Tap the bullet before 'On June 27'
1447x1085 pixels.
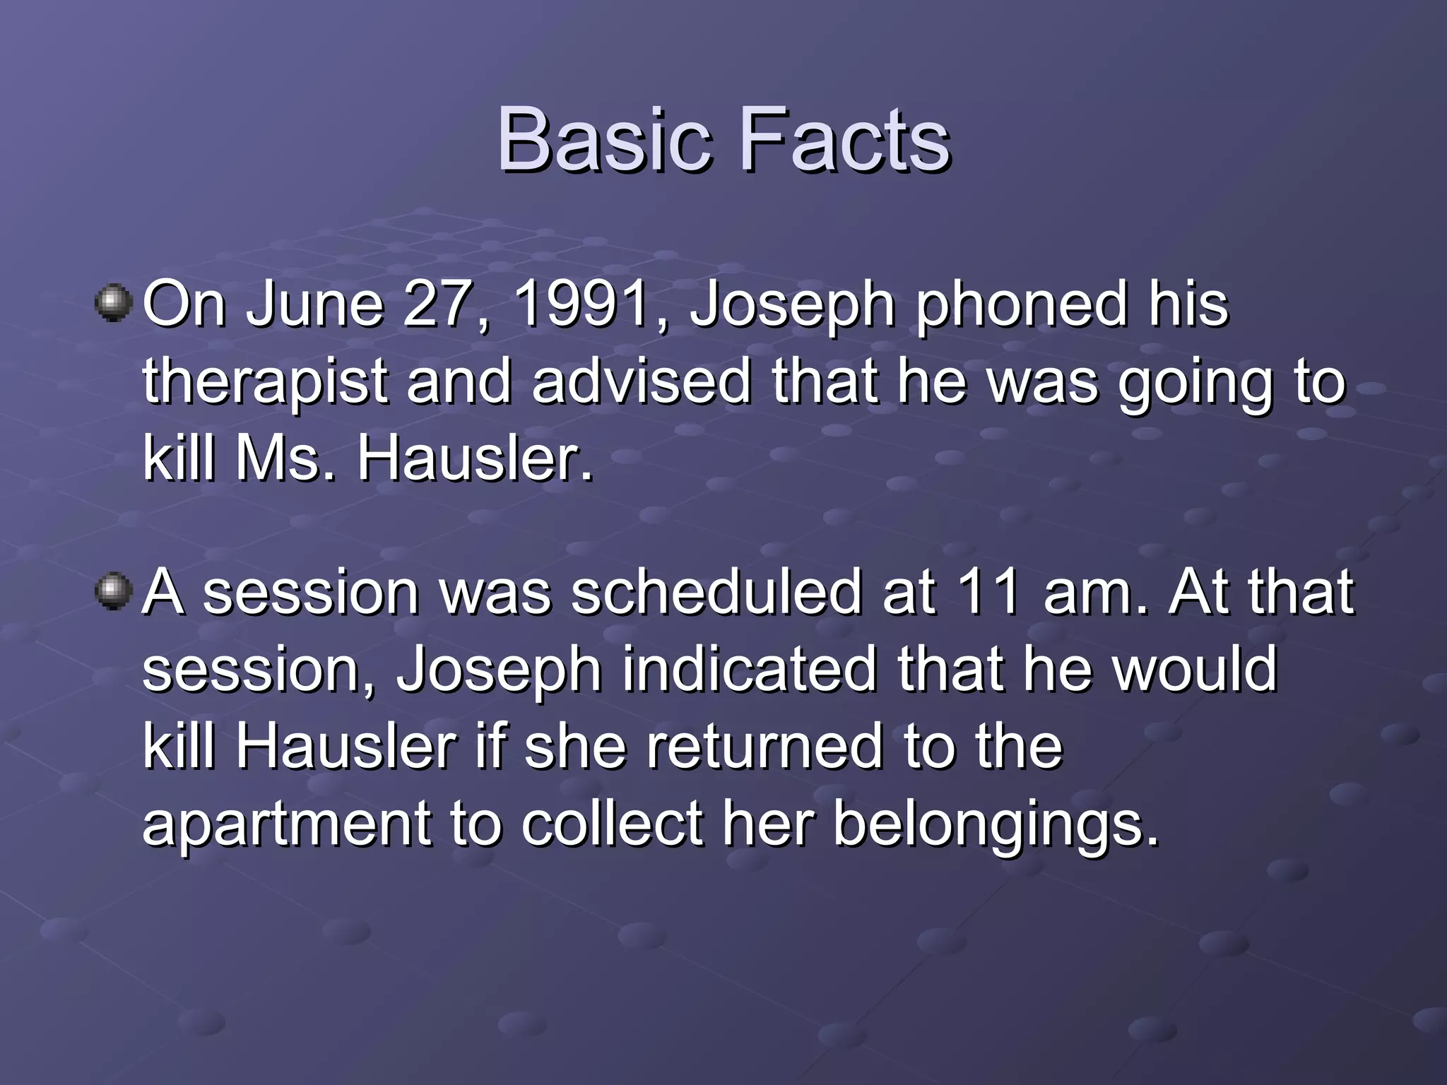(x=113, y=303)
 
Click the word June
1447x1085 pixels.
(x=314, y=304)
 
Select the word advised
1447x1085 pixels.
(x=642, y=381)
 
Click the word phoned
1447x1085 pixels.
(x=1022, y=306)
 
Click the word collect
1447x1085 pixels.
(x=612, y=824)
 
